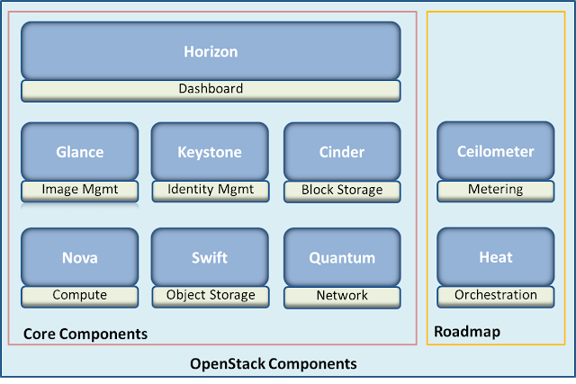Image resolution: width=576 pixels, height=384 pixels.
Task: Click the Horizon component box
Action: point(211,51)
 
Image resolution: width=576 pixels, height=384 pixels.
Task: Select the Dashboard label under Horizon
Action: point(211,90)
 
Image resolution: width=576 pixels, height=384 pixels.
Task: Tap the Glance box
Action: point(80,152)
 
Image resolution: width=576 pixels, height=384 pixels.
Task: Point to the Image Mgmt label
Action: point(80,190)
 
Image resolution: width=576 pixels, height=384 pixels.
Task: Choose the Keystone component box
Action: point(210,152)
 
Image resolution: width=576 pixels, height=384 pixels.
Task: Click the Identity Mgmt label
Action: point(210,190)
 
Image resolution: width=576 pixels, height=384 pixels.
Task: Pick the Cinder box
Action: point(342,152)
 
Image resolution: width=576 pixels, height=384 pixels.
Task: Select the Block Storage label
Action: point(342,191)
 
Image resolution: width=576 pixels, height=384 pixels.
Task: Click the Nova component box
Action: point(80,257)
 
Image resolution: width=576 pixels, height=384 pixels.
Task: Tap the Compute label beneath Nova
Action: point(80,295)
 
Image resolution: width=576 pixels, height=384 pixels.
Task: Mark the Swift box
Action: point(210,257)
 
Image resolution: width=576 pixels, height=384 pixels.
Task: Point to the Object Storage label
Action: point(210,295)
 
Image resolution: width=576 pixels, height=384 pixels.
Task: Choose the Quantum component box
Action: point(342,257)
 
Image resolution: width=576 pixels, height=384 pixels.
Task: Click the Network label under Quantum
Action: point(342,295)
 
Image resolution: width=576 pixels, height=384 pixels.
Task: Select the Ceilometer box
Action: point(496,152)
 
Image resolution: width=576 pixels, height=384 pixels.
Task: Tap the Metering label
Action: point(496,191)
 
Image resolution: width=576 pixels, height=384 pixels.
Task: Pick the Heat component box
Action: point(496,257)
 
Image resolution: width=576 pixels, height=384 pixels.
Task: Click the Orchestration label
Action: point(496,295)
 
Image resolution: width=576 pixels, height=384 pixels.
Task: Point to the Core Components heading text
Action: point(85,334)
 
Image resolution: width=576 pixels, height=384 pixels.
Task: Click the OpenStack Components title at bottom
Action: point(274,364)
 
